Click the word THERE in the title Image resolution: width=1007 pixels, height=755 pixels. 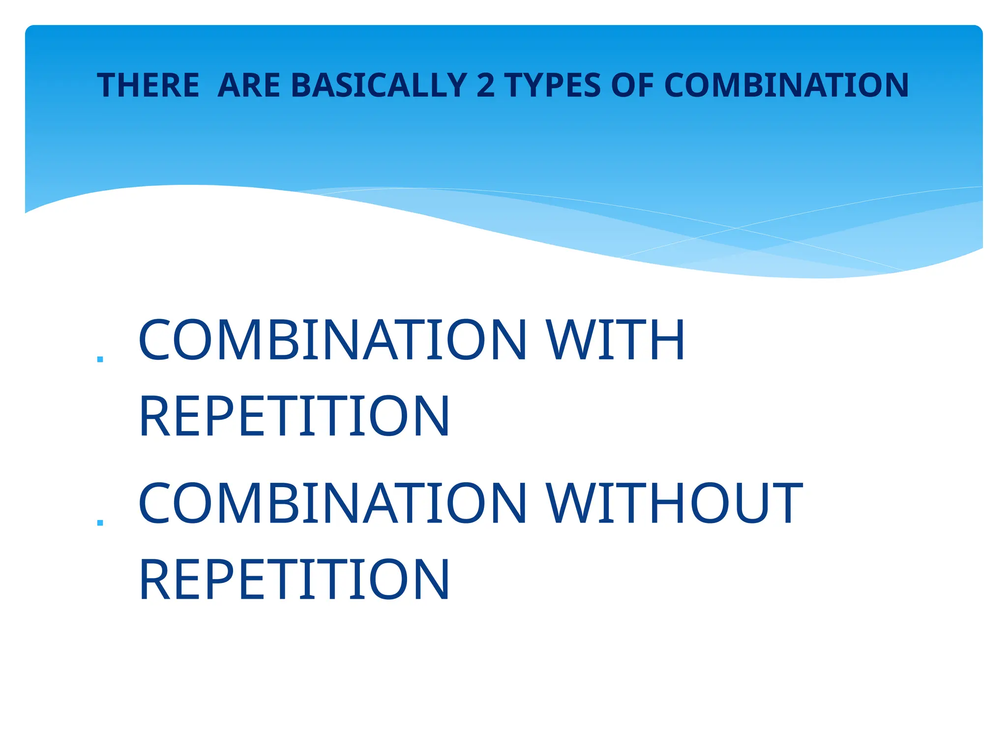click(x=148, y=86)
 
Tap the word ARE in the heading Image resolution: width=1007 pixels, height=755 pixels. click(x=249, y=86)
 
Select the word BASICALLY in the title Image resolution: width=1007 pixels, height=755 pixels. click(x=379, y=86)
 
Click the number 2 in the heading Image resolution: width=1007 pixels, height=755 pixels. click(x=486, y=86)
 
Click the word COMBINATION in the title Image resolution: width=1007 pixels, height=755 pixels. click(x=786, y=86)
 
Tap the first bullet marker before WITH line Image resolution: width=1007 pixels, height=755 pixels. click(x=100, y=359)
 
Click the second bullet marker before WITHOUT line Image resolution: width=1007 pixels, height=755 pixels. click(x=100, y=523)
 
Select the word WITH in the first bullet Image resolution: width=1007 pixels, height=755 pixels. click(x=615, y=340)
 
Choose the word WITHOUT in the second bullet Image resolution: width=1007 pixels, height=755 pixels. click(x=674, y=503)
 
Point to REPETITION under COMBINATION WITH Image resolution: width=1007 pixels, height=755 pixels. click(x=294, y=416)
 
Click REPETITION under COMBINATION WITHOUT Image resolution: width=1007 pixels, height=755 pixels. click(x=294, y=580)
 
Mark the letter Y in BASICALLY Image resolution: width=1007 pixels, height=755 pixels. click(x=457, y=86)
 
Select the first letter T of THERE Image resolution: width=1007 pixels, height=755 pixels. click(x=106, y=86)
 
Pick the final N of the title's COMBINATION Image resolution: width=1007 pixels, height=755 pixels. click(x=894, y=86)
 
